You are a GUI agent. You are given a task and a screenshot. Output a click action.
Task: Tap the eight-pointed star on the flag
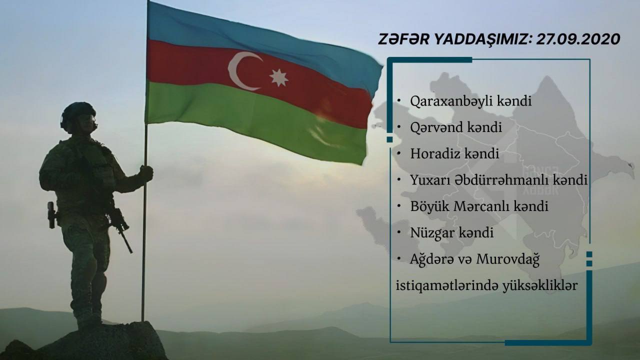[x=278, y=77]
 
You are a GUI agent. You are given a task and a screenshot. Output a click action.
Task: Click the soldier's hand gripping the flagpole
[x=146, y=173]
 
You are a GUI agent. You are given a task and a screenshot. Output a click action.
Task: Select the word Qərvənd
[x=436, y=127]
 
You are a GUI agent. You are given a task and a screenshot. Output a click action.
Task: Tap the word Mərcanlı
[x=481, y=206]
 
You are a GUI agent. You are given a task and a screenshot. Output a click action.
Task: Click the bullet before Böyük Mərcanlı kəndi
[x=399, y=206]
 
